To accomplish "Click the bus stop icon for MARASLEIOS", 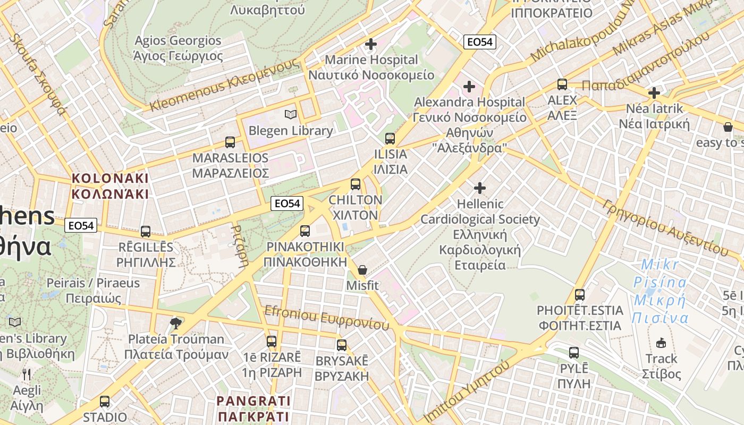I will coord(230,142).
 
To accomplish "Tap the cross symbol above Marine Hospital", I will coord(371,44).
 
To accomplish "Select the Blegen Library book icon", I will coord(290,115).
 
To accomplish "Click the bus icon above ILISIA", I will coord(390,139).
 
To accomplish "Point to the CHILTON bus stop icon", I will coord(356,185).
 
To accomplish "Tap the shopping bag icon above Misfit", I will coord(362,270).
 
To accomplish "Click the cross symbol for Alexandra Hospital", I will coord(469,86).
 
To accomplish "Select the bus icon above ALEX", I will coord(562,84).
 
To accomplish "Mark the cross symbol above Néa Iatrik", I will coord(654,93).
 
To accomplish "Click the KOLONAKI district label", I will coord(110,186).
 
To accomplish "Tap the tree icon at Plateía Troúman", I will coord(176,323).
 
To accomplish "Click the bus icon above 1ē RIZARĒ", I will coord(272,342).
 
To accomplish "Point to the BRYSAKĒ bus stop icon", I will coord(342,345).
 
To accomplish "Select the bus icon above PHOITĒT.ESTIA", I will coord(580,295).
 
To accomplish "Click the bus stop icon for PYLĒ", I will coord(574,352).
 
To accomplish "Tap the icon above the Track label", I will coord(662,343).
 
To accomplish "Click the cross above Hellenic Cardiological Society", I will coord(480,188).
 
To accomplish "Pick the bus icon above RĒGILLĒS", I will coord(146,232).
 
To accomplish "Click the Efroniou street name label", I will coord(326,318).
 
